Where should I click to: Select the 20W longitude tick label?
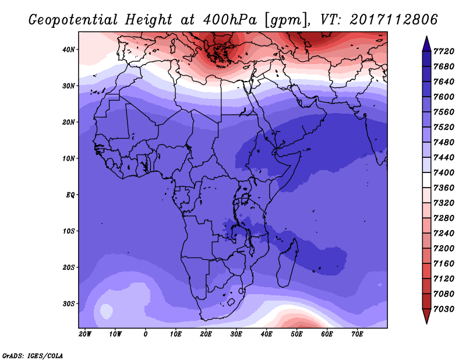pyautogui.click(x=85, y=334)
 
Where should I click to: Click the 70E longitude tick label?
pyautogui.click(x=358, y=334)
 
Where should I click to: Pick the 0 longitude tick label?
pyautogui.click(x=146, y=334)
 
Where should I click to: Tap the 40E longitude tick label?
pyautogui.click(x=267, y=334)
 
